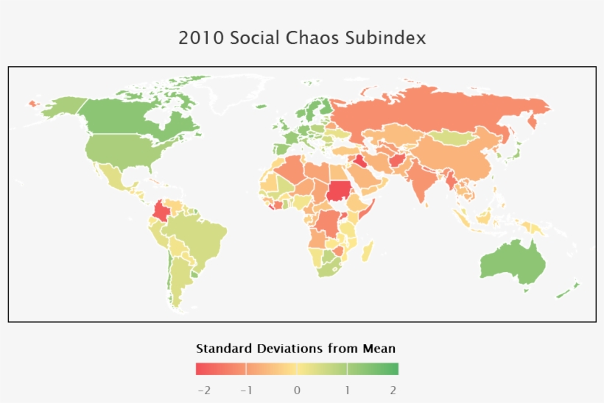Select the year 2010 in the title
tap(201, 38)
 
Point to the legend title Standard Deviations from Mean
tap(296, 348)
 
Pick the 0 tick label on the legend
tap(296, 390)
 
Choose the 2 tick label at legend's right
tap(393, 390)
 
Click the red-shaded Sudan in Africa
tap(340, 190)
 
